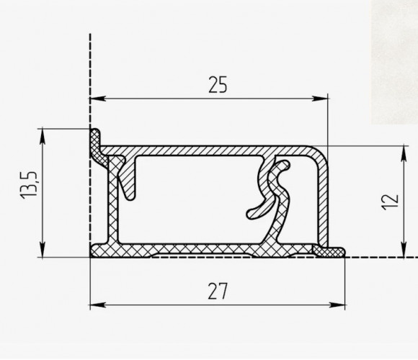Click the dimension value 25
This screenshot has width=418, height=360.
218,85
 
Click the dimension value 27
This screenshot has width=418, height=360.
218,292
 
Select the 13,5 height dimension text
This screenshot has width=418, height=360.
29,185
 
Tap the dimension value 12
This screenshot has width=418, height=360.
391,202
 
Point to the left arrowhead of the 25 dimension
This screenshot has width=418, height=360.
98,99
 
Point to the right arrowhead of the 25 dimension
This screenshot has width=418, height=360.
320,99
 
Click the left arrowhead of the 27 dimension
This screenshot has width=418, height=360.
98,305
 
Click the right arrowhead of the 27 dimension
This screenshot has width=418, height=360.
337,305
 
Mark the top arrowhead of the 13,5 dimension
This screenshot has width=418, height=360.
43,137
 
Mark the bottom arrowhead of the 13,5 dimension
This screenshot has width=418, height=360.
43,250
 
